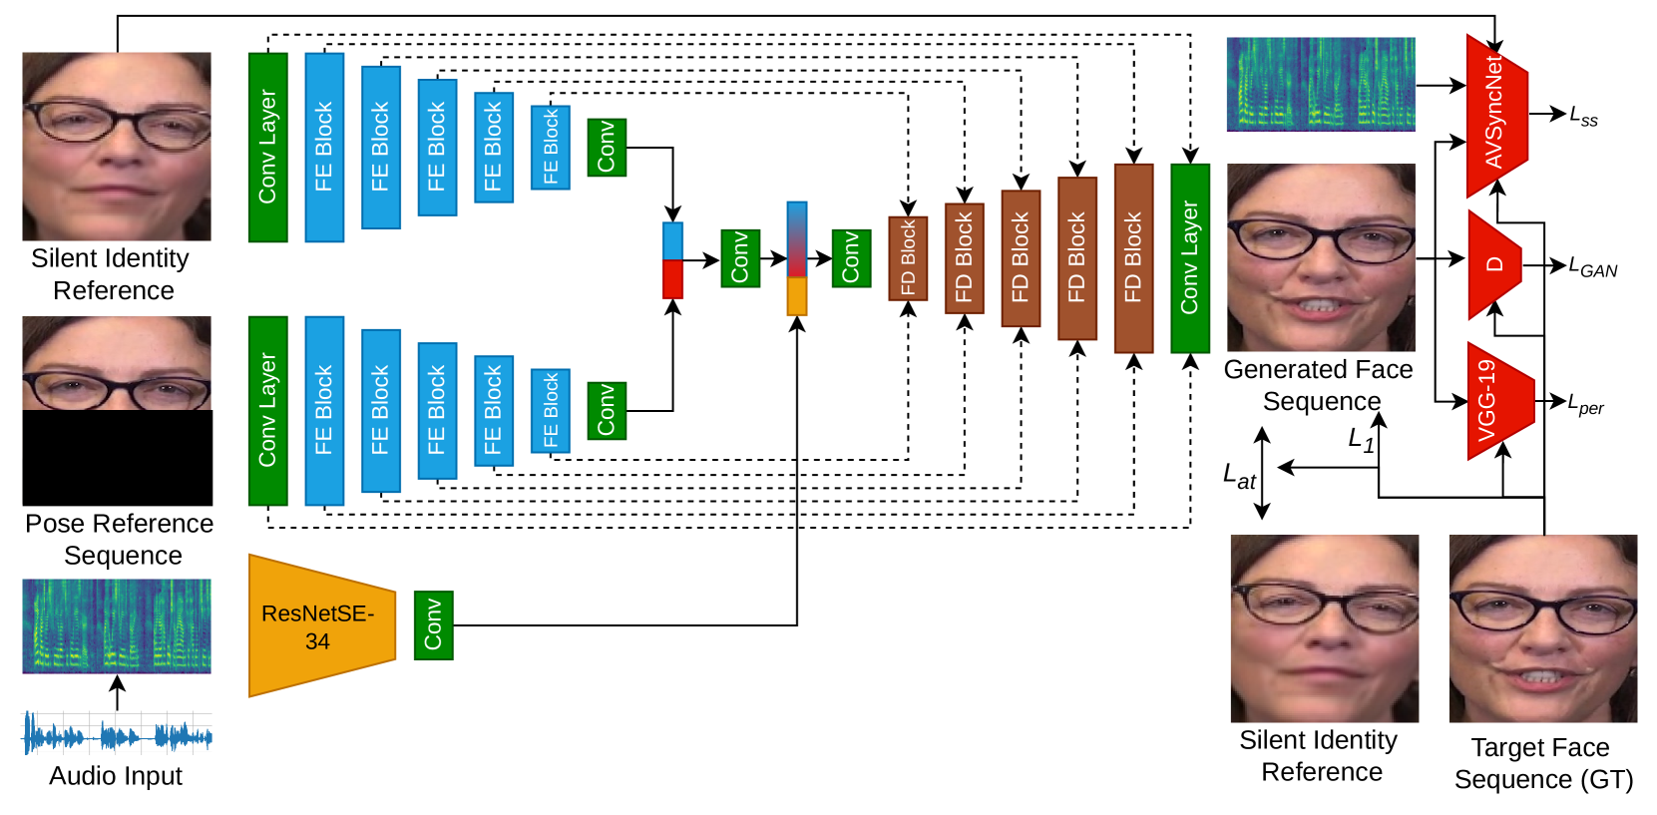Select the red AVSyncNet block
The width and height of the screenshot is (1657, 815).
tap(1493, 115)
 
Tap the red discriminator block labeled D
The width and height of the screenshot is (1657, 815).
tap(1492, 264)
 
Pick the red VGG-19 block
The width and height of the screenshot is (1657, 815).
tap(1495, 401)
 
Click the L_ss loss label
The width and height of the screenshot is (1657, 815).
tap(1583, 117)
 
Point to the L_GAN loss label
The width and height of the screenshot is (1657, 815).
tap(1592, 267)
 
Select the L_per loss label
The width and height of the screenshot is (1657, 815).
tap(1585, 405)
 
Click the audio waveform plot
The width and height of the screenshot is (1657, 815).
tap(117, 733)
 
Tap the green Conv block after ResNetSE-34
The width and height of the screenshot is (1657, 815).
tap(433, 625)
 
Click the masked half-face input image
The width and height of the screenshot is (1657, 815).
tap(117, 363)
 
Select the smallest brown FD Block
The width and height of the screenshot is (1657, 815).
tap(908, 257)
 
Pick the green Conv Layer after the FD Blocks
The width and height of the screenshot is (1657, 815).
tap(1189, 257)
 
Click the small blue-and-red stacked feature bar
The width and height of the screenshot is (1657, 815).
tap(672, 260)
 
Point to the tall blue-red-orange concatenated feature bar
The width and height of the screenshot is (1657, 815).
tap(796, 258)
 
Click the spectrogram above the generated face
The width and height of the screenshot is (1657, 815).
tap(1320, 84)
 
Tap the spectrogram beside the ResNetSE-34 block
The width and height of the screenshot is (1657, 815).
tap(117, 625)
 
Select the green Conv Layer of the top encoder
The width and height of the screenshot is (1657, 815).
tap(267, 148)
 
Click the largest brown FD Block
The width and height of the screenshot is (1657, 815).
tap(1133, 257)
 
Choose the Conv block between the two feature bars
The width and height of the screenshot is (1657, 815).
tap(740, 258)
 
